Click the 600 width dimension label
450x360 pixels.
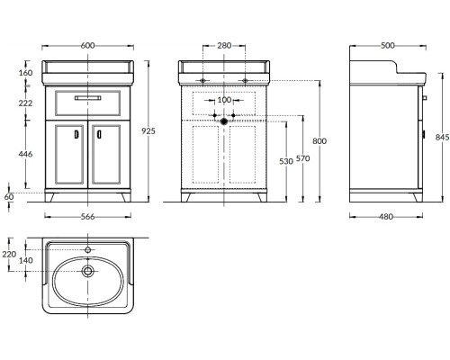click(87, 46)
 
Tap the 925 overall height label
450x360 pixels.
click(148, 131)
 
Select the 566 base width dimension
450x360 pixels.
click(87, 217)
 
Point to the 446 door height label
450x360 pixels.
click(25, 154)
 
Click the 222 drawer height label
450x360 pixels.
click(25, 103)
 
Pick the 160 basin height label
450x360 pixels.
click(25, 73)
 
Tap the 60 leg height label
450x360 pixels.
click(9, 197)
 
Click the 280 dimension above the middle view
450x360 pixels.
click(224, 46)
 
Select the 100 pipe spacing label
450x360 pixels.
click(224, 100)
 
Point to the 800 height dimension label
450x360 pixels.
click(319, 141)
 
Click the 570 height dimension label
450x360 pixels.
click(303, 158)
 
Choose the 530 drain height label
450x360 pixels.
click(286, 161)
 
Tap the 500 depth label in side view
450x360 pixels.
click(388, 46)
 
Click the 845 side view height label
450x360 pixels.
click(443, 137)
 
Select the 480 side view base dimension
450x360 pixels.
click(386, 217)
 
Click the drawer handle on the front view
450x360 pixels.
click(87, 98)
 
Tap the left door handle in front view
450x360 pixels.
click(76, 134)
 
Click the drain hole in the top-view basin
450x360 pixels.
click(87, 271)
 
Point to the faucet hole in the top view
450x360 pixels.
click(87, 249)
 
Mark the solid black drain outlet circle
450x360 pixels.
click(224, 121)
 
